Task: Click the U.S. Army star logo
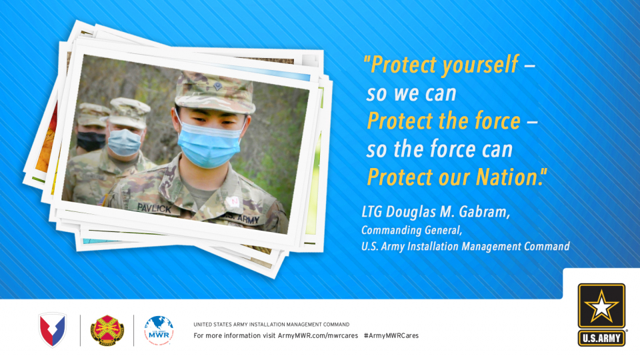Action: [x=601, y=315]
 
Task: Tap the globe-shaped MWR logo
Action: [x=159, y=330]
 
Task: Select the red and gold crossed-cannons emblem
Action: [x=107, y=330]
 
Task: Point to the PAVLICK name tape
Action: [x=154, y=208]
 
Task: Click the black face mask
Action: [x=91, y=141]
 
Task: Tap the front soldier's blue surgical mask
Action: [x=209, y=145]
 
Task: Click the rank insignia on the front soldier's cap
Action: [x=217, y=86]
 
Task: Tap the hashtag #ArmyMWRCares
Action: [x=391, y=335]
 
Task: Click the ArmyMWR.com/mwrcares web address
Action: [x=318, y=335]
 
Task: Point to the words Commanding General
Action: [x=411, y=230]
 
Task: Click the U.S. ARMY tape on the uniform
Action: [x=244, y=219]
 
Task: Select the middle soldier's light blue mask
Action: [x=124, y=142]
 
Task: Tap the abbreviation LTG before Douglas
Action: [x=372, y=212]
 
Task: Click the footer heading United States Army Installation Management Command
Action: [x=271, y=325]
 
